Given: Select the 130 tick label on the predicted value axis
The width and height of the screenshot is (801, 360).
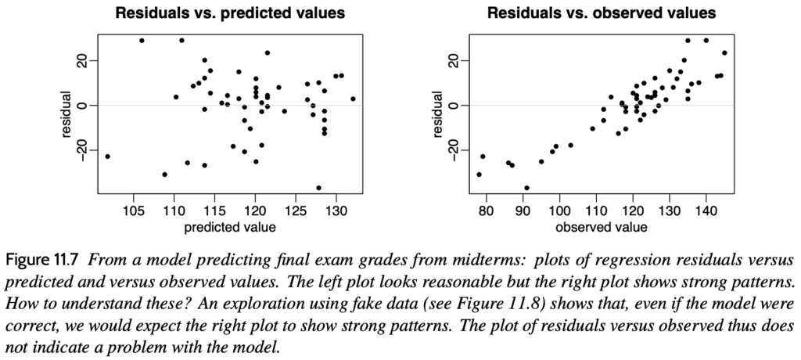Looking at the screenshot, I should pyautogui.click(x=336, y=213).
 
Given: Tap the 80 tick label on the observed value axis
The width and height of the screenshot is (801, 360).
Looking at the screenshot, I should pyautogui.click(x=487, y=213).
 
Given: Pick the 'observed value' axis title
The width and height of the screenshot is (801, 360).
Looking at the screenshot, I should pyautogui.click(x=601, y=228).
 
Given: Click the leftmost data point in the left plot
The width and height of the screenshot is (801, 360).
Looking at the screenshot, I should pyautogui.click(x=107, y=157).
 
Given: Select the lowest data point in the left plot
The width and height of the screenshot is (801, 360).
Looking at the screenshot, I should pyautogui.click(x=318, y=188).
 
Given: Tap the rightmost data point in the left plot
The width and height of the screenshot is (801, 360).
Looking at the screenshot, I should pyautogui.click(x=353, y=99).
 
